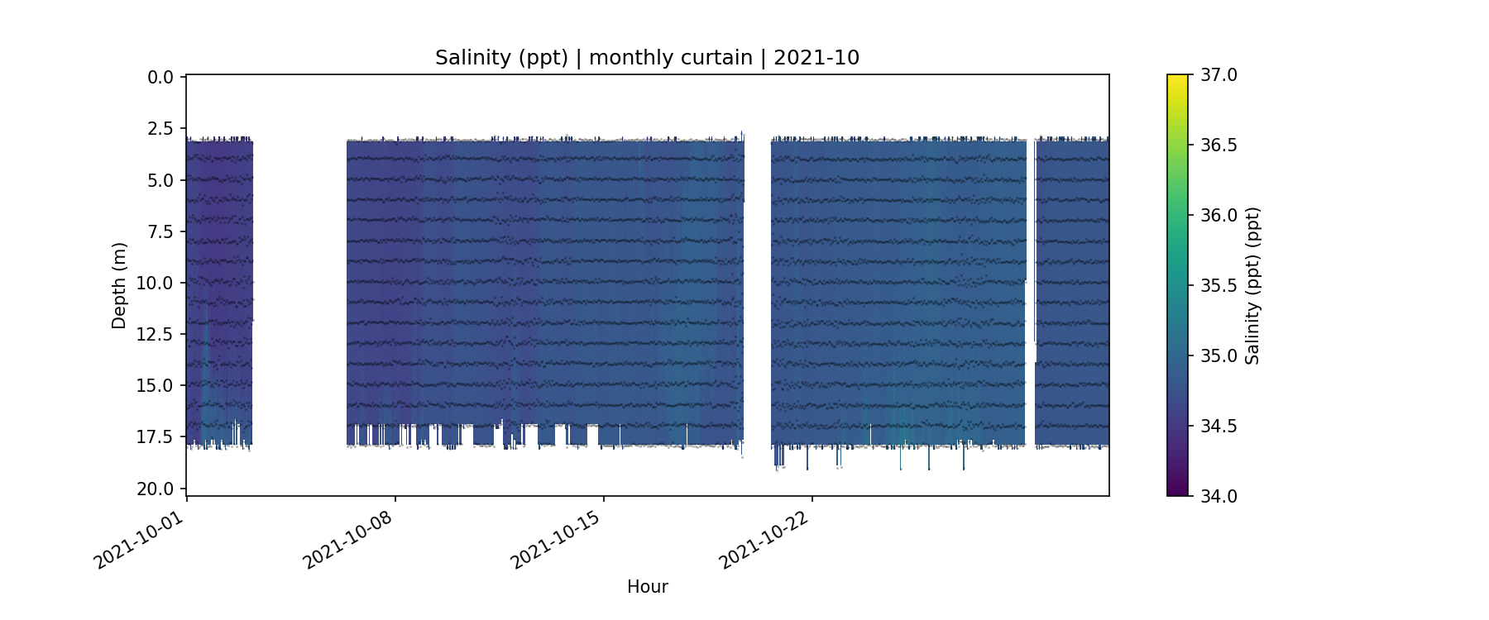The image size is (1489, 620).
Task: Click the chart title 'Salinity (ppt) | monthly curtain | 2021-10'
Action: (647, 58)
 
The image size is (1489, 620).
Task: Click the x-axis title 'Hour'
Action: (647, 587)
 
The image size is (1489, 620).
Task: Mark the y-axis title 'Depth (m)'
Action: (119, 285)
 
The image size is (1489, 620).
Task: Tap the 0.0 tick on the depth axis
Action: (160, 78)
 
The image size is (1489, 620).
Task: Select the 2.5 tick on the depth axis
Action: (160, 129)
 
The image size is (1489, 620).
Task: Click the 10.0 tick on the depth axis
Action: (156, 283)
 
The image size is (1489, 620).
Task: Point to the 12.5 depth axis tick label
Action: (156, 334)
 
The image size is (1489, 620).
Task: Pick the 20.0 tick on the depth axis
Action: (156, 489)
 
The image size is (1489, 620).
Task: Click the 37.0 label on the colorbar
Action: (1218, 75)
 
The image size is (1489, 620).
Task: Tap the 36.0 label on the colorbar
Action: (1218, 216)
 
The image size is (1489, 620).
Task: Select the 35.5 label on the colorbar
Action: (1218, 286)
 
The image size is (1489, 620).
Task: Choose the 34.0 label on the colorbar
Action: (1218, 496)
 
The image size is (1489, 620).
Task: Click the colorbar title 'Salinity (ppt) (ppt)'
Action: (1252, 285)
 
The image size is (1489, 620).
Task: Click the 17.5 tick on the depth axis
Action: (156, 436)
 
